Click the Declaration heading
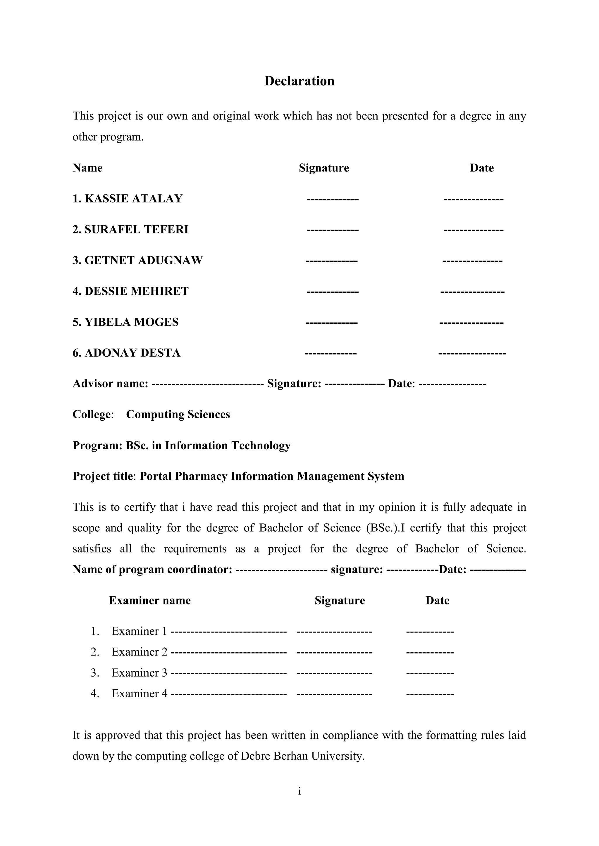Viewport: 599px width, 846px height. (x=299, y=81)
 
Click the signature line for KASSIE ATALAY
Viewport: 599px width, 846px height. (x=332, y=199)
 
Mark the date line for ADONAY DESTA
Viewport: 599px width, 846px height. (x=472, y=354)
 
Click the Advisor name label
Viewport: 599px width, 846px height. (x=110, y=384)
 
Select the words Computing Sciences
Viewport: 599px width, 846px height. (x=178, y=415)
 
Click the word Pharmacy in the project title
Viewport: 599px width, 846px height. (x=201, y=476)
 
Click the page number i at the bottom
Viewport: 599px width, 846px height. (x=299, y=791)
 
